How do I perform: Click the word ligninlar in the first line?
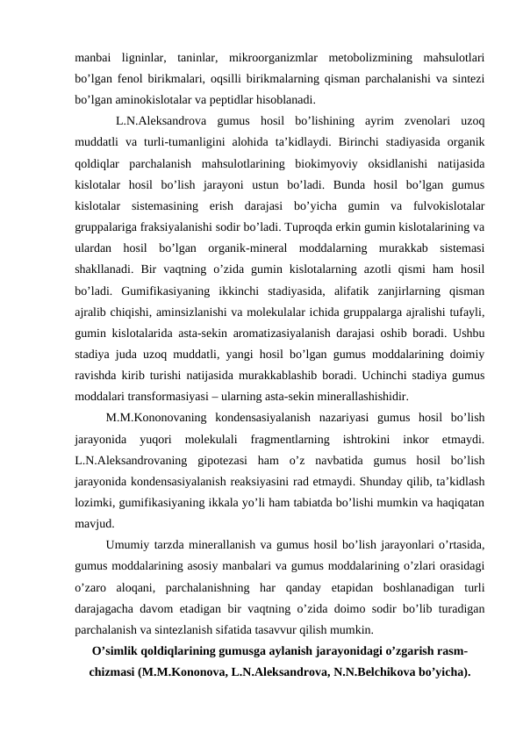click(x=140, y=58)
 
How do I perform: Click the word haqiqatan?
click(x=464, y=506)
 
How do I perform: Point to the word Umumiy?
click(x=128, y=547)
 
